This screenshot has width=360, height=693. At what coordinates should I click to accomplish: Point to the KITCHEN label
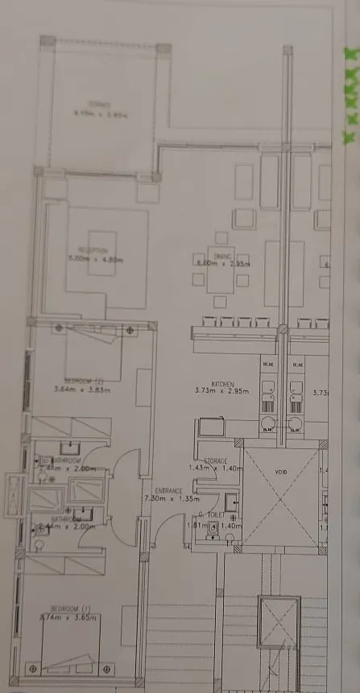click(222, 384)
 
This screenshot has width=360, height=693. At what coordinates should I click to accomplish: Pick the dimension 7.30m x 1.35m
click(170, 499)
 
